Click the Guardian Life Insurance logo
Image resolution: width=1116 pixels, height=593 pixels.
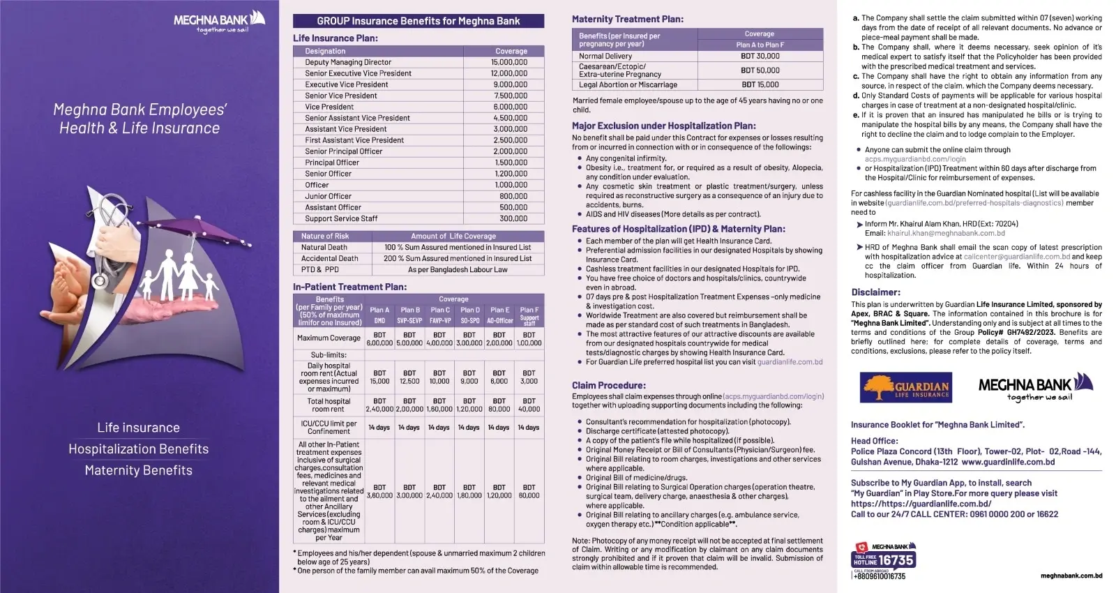coord(905,388)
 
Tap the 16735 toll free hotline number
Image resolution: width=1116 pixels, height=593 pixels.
coord(896,560)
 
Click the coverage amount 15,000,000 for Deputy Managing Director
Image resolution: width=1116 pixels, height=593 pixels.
coord(509,62)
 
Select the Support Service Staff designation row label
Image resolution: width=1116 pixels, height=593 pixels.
coord(341,218)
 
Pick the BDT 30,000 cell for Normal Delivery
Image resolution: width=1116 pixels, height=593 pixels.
coord(760,56)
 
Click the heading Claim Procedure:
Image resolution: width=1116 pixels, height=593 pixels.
coord(608,385)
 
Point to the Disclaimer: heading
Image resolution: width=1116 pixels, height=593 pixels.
coord(875,292)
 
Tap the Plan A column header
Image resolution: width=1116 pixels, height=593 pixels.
coord(379,310)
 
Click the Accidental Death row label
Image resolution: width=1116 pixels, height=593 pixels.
coord(329,258)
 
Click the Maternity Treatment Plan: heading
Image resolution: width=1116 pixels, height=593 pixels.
coord(627,19)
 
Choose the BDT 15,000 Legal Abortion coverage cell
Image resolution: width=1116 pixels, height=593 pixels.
coord(760,84)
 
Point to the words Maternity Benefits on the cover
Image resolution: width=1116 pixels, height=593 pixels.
coord(138,470)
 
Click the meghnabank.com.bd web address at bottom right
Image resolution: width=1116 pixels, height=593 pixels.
coord(1071,576)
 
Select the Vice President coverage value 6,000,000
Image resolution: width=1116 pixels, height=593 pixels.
coord(511,107)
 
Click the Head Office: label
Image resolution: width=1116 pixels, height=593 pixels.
coord(874,441)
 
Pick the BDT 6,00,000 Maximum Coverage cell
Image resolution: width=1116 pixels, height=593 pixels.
coord(379,339)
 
